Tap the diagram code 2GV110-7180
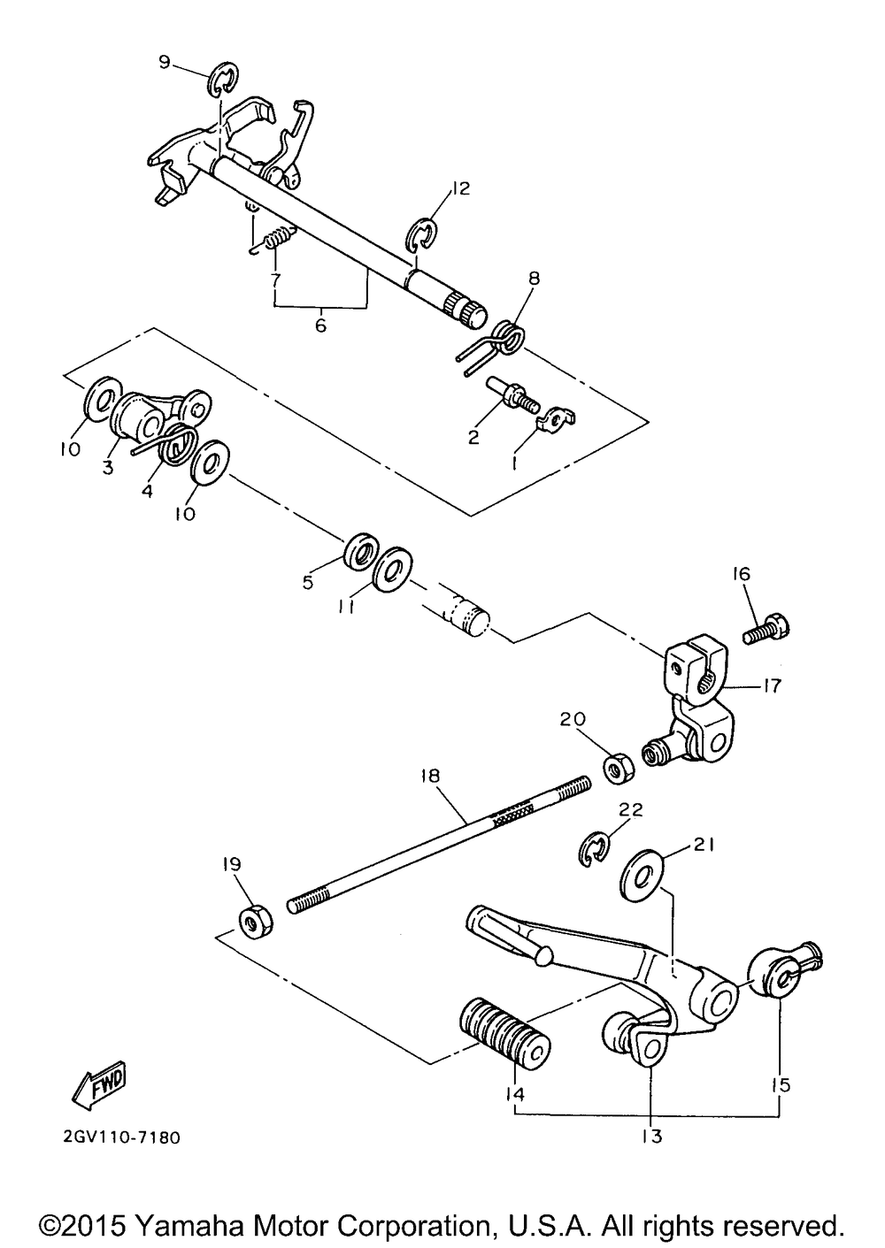(x=121, y=1137)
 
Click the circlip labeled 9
(x=224, y=79)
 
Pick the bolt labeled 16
(x=766, y=632)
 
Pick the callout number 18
(x=431, y=776)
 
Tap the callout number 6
(x=320, y=325)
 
